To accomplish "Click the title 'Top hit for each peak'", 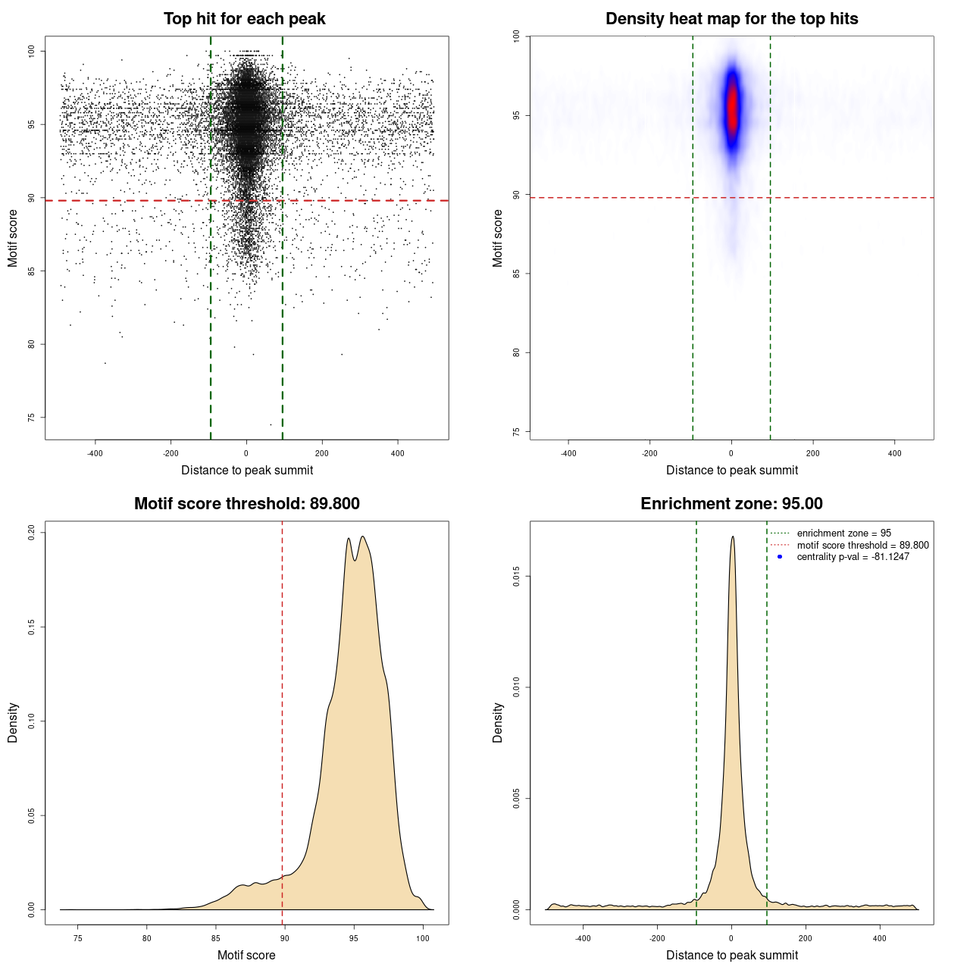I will point(245,19).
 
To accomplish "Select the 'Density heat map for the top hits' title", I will point(731,19).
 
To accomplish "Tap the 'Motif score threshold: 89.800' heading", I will point(246,504).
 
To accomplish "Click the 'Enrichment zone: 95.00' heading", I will point(731,504).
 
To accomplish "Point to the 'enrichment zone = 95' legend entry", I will point(843,533).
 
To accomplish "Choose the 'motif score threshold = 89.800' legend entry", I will point(862,546).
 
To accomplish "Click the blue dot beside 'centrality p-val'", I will point(780,557).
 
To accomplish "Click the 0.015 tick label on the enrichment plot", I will point(516,577).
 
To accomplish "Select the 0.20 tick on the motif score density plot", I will point(31,533).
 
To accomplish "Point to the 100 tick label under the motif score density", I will point(423,938).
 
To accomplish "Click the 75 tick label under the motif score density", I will point(77,938).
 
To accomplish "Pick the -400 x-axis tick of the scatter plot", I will point(95,453).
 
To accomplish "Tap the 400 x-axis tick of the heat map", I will point(895,453).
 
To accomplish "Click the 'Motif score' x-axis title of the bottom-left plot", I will point(246,955).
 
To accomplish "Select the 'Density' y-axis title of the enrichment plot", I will point(498,722).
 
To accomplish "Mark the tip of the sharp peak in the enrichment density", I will point(732,537).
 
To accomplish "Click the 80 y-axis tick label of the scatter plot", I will point(31,344).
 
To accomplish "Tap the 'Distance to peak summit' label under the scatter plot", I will point(247,470).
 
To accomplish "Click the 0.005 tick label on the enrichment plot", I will point(516,799).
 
